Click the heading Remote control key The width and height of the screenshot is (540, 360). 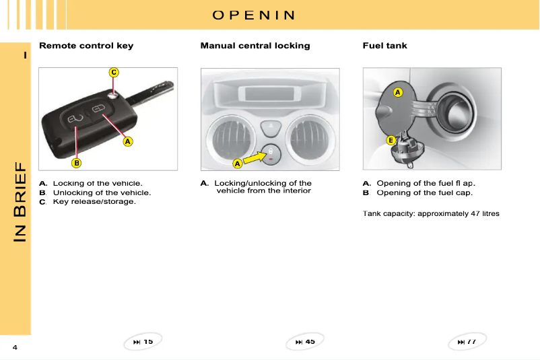click(86, 46)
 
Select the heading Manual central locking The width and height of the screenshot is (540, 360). click(255, 46)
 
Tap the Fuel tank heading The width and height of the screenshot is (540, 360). click(384, 46)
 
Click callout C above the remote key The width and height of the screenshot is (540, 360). click(114, 72)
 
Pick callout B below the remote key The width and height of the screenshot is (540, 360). click(77, 162)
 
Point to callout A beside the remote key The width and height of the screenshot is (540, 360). click(127, 141)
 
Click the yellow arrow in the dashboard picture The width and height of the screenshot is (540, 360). click(255, 157)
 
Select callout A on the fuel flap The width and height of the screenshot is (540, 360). click(398, 92)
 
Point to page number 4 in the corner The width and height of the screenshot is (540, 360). click(14, 347)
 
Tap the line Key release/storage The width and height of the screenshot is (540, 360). click(94, 201)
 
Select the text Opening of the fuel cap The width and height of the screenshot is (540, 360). click(424, 192)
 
